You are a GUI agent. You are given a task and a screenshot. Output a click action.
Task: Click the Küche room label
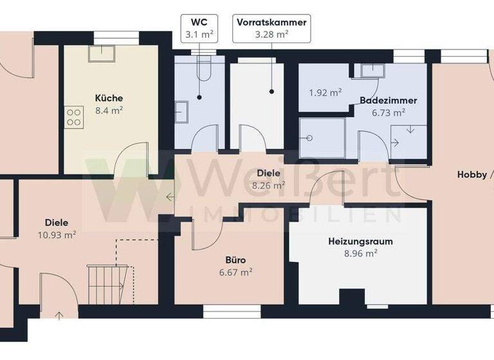(109, 98)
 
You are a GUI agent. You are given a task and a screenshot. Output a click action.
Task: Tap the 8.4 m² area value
(109, 110)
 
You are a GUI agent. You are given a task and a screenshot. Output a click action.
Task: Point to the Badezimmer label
(389, 101)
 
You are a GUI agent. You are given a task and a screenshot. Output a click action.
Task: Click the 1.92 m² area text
(325, 93)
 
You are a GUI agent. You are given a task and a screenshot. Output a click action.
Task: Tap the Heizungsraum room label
(360, 242)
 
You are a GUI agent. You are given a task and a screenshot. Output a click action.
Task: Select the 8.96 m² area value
(361, 253)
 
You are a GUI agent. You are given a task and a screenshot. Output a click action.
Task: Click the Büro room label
(235, 260)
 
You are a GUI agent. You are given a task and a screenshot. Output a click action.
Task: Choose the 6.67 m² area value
(235, 272)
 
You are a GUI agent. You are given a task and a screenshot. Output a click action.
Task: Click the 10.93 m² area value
(57, 235)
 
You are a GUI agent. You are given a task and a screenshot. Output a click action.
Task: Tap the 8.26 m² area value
(269, 185)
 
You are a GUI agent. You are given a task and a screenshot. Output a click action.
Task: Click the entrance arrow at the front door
(60, 316)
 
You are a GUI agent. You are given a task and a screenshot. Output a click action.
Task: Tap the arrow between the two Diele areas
(169, 196)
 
